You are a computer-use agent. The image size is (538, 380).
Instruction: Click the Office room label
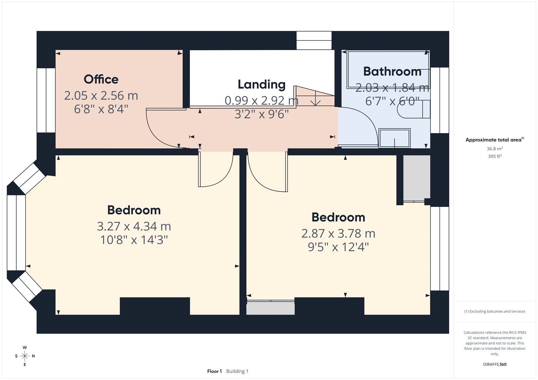(101, 79)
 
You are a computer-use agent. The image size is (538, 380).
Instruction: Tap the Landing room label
(262, 84)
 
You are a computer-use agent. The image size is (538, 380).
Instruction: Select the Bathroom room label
(392, 71)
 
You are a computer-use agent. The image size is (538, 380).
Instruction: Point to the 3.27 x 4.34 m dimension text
(134, 226)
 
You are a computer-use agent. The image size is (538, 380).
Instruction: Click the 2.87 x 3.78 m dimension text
(338, 234)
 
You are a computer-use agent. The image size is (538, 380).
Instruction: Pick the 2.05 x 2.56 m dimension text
(101, 95)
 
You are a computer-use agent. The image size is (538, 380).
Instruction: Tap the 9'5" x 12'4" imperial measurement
(338, 247)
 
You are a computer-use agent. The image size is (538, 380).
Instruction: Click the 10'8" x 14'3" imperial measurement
(134, 240)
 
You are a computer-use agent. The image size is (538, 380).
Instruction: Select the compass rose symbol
(25, 356)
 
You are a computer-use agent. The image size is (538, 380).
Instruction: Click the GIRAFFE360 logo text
(495, 365)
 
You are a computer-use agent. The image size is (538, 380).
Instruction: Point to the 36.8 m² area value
(495, 149)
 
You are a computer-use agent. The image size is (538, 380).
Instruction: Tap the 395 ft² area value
(495, 156)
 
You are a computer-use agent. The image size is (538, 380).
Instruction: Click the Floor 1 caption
(215, 371)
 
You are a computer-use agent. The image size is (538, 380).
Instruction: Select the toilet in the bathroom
(414, 109)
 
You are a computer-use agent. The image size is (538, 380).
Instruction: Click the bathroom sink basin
(394, 138)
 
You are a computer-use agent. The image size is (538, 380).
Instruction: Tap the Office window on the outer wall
(46, 100)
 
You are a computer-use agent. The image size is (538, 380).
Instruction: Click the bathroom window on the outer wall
(439, 100)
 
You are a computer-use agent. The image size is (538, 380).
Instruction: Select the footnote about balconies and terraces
(495, 311)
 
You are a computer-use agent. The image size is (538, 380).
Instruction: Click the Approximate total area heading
(495, 140)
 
